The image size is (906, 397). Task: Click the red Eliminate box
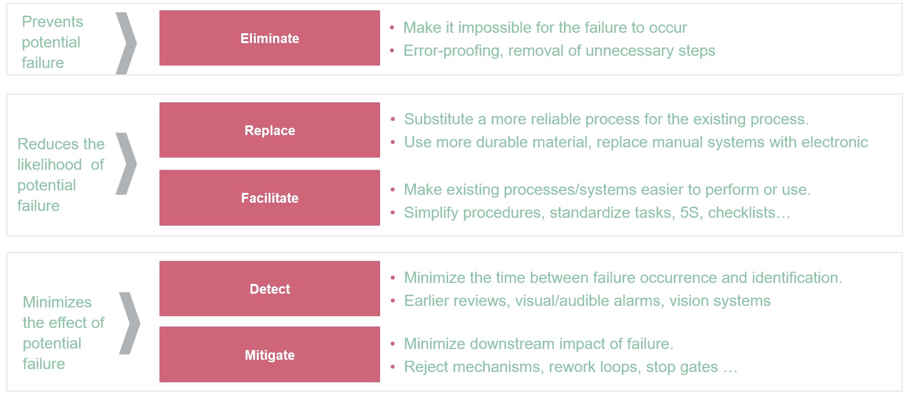(x=270, y=38)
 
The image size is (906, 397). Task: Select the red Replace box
(x=270, y=130)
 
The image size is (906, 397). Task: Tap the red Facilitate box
(x=270, y=198)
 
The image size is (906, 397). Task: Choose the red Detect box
(x=270, y=289)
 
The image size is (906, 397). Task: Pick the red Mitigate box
(x=270, y=354)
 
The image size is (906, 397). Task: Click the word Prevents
(x=52, y=22)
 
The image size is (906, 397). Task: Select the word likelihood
(x=49, y=164)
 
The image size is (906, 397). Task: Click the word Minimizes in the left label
(x=57, y=302)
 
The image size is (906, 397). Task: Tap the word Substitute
(x=439, y=119)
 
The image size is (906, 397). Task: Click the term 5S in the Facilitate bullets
(x=689, y=212)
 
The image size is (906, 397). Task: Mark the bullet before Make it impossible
(x=392, y=28)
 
